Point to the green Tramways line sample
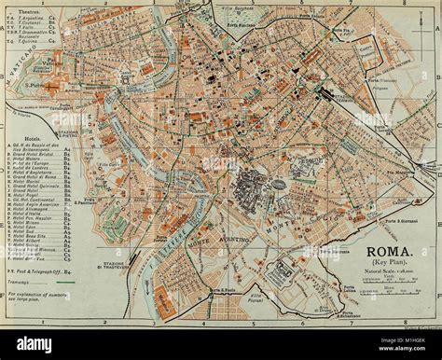[58, 284]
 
